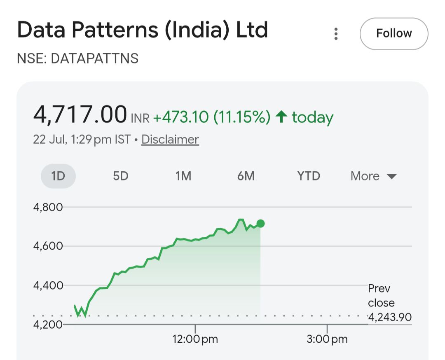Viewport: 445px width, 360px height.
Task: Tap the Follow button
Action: coord(394,33)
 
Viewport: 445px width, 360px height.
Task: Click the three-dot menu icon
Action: coord(336,34)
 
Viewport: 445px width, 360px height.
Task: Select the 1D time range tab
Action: coord(58,176)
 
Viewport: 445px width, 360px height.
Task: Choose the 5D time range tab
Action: coord(121,176)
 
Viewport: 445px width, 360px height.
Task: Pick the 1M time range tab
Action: coord(183,176)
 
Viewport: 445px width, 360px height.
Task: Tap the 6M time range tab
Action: coord(246,176)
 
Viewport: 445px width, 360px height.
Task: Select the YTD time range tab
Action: coord(309,176)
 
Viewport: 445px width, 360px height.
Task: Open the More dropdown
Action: coord(373,176)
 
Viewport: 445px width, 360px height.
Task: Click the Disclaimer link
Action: coord(170,140)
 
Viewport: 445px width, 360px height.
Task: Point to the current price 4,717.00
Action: coord(80,115)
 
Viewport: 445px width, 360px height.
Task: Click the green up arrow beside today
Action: coord(281,117)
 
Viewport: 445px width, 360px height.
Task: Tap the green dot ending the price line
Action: coord(260,224)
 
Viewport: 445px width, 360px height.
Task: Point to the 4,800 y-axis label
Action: coord(48,207)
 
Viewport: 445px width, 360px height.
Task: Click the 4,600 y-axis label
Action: coord(48,246)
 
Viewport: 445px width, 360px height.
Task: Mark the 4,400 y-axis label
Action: coord(48,285)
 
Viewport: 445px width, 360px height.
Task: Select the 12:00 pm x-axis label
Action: coord(195,339)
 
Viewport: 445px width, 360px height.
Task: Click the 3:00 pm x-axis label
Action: coord(327,339)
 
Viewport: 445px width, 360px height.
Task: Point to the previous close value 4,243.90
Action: coord(390,317)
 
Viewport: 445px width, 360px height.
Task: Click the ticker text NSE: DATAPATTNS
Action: coord(78,58)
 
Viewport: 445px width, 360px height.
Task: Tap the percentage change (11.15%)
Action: coord(242,117)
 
